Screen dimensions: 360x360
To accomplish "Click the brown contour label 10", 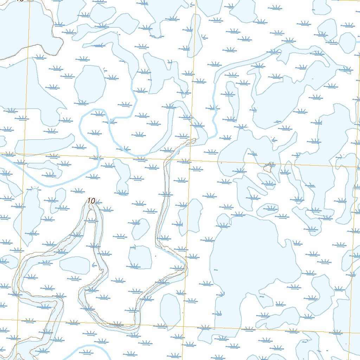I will coord(91,201).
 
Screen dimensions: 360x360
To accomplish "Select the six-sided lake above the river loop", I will coord(90,84).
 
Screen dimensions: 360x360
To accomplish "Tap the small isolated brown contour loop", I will coord(269,168).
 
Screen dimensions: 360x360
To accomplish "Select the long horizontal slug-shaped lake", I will coord(44,143).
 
